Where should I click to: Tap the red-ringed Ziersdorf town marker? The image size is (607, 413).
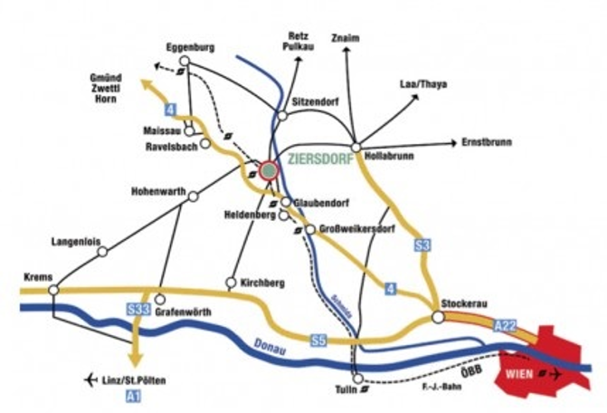point(268,170)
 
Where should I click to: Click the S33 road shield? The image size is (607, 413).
point(138,310)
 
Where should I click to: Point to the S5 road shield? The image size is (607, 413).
point(317,341)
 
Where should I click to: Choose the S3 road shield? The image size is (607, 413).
point(421,245)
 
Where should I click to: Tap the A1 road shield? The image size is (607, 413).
point(134,397)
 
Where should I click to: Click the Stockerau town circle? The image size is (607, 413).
point(438,317)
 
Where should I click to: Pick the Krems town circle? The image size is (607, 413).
point(54,290)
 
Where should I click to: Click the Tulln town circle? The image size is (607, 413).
point(359,379)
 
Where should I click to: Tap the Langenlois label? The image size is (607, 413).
point(80,241)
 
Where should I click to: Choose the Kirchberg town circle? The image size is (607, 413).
point(232,282)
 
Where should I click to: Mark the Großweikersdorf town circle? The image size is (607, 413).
point(310,229)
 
